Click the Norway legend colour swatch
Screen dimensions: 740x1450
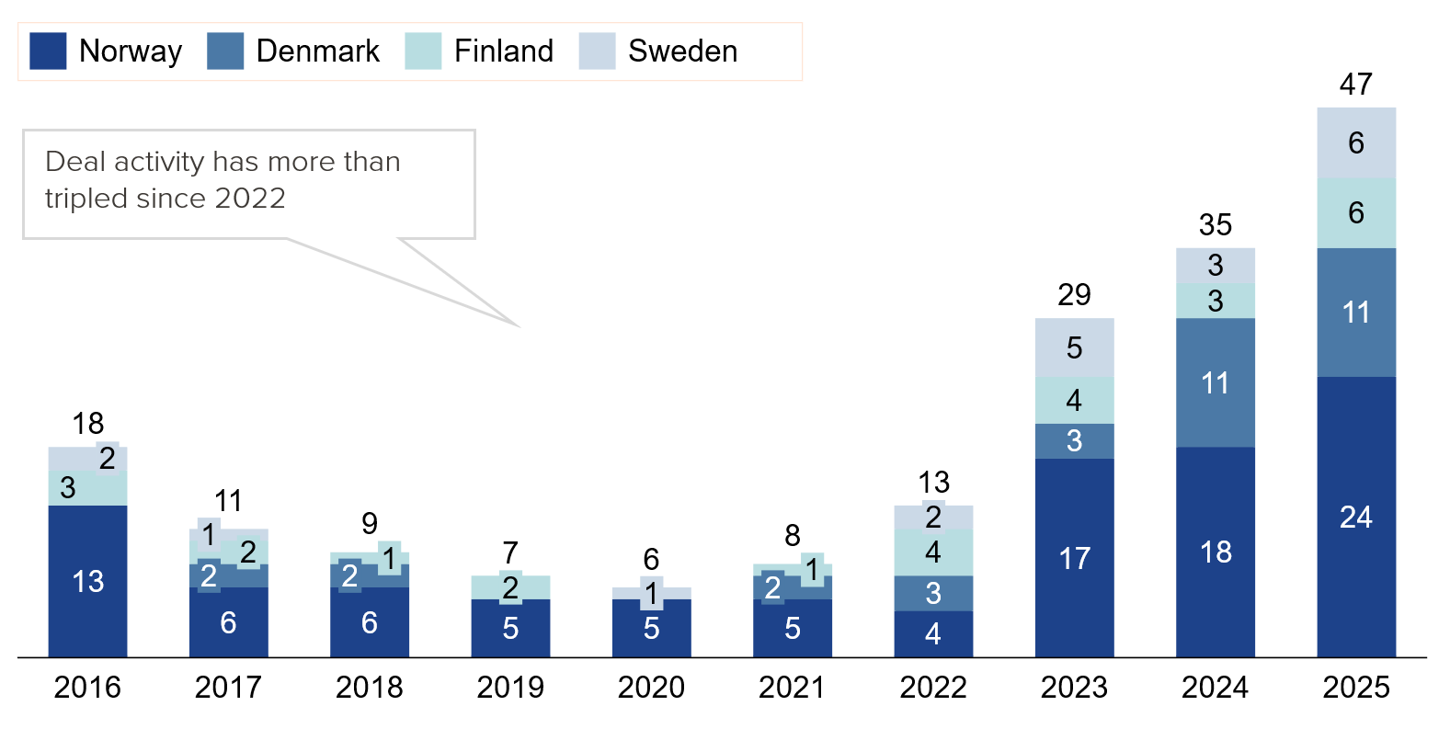tap(48, 51)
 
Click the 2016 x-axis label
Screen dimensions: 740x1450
tap(87, 687)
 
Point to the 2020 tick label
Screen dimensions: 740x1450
tap(651, 687)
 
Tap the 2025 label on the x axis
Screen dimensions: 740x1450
tap(1356, 687)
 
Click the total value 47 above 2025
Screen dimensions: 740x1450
tap(1356, 85)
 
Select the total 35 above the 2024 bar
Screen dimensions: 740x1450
tap(1215, 224)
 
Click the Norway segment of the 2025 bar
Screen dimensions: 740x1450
tap(1356, 517)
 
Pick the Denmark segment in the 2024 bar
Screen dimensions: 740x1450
tap(1215, 382)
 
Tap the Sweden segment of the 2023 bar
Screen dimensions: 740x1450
tap(1074, 347)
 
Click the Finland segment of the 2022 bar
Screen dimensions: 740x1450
tap(933, 552)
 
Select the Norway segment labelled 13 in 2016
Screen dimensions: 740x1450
tap(87, 581)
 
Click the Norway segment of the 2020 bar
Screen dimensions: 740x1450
tap(651, 629)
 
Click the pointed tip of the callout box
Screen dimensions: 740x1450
tap(519, 325)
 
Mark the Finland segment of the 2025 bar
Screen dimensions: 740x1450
tap(1356, 213)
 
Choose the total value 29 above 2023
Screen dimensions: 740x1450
tap(1074, 295)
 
